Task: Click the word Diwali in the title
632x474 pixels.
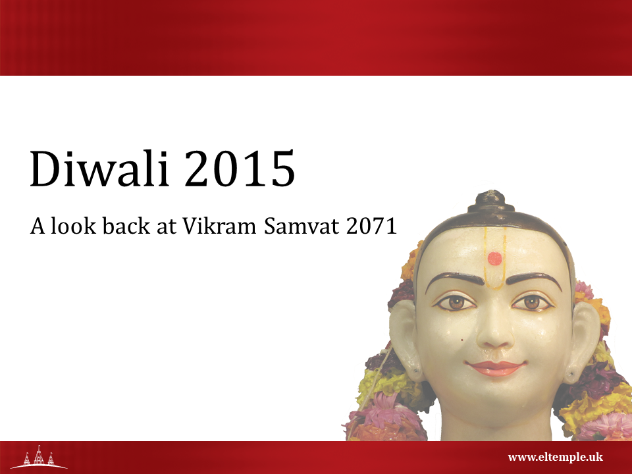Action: pos(99,168)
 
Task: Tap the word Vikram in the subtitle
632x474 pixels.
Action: pos(219,226)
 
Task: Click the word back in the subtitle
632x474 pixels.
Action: pos(126,225)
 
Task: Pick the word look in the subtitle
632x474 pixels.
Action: pos(73,225)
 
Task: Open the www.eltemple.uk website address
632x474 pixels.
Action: pos(556,457)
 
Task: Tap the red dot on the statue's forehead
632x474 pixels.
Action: pos(494,259)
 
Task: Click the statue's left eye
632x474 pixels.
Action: pos(532,302)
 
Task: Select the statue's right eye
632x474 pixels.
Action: pos(456,302)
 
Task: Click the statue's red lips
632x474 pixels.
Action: pos(495,368)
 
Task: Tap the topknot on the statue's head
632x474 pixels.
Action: pos(491,202)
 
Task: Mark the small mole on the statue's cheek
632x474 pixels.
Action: pos(462,340)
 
